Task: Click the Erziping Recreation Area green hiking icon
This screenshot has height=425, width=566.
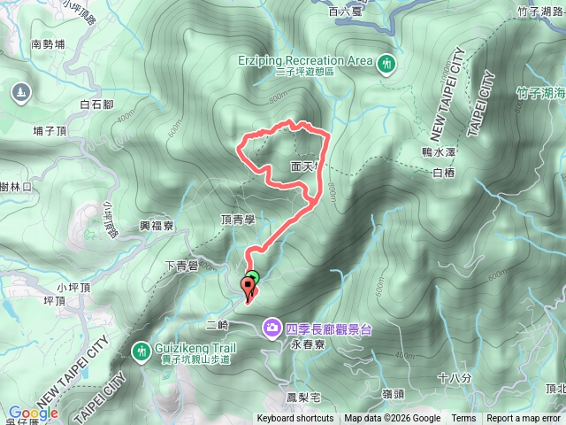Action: point(387,64)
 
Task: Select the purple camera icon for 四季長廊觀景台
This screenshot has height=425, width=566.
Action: point(272,328)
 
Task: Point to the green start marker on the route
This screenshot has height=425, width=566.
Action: point(252,277)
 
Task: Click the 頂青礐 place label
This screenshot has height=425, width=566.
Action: point(238,217)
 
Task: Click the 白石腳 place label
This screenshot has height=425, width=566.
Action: point(96,104)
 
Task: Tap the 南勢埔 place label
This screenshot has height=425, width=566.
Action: point(49,43)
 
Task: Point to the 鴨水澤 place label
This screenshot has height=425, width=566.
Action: point(438,151)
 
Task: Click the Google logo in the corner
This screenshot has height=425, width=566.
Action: point(33,413)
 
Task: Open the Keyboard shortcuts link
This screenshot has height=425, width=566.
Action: point(295,419)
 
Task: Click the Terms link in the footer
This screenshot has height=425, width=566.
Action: point(463,419)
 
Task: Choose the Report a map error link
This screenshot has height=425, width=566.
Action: point(524,419)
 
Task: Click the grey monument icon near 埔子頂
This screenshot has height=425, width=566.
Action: point(20,91)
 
